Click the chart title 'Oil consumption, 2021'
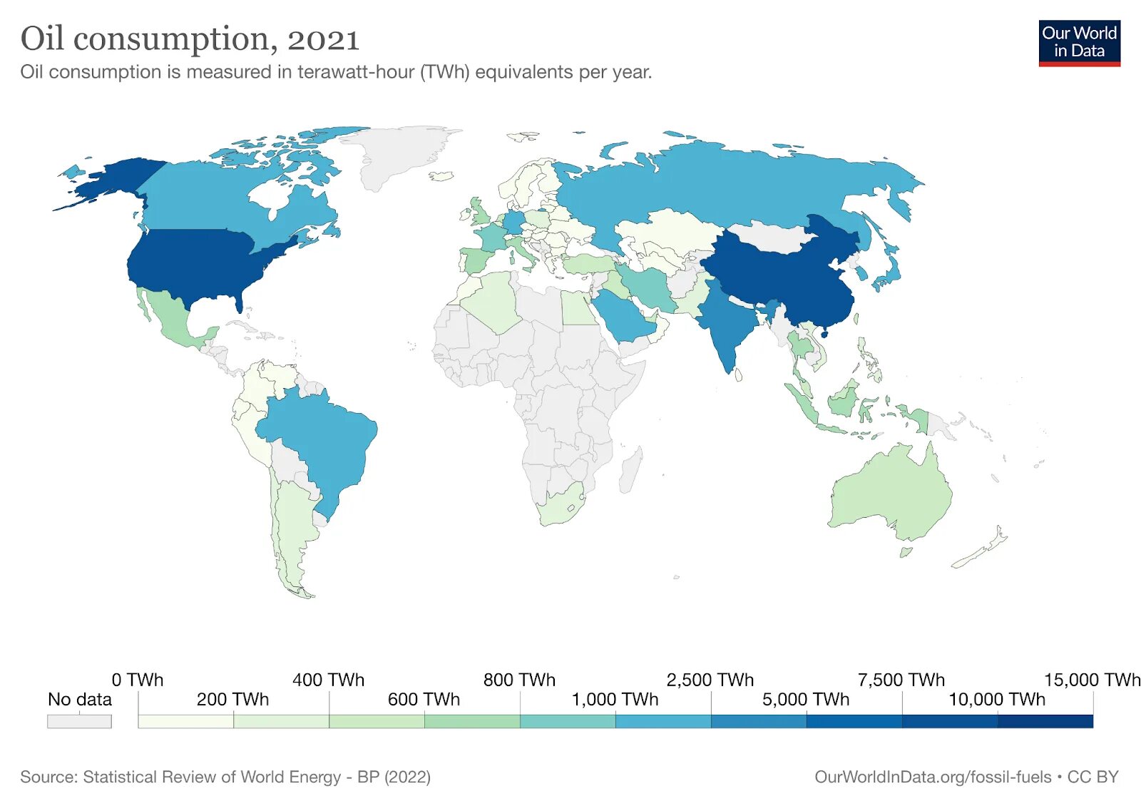pyautogui.click(x=190, y=39)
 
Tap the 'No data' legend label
pyautogui.click(x=79, y=699)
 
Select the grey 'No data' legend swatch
pyautogui.click(x=79, y=721)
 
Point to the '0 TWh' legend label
pyautogui.click(x=138, y=680)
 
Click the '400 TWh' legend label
pyautogui.click(x=328, y=680)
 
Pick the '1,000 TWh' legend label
pyautogui.click(x=615, y=699)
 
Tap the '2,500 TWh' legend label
pyautogui.click(x=710, y=680)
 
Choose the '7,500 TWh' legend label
pyautogui.click(x=901, y=680)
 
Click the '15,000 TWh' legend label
pyautogui.click(x=1092, y=680)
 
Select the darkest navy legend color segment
pyautogui.click(x=1045, y=721)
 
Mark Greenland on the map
pyautogui.click(x=399, y=153)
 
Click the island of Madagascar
pyautogui.click(x=630, y=469)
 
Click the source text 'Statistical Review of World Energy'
pyautogui.click(x=212, y=777)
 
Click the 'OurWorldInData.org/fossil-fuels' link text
pyautogui.click(x=933, y=777)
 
